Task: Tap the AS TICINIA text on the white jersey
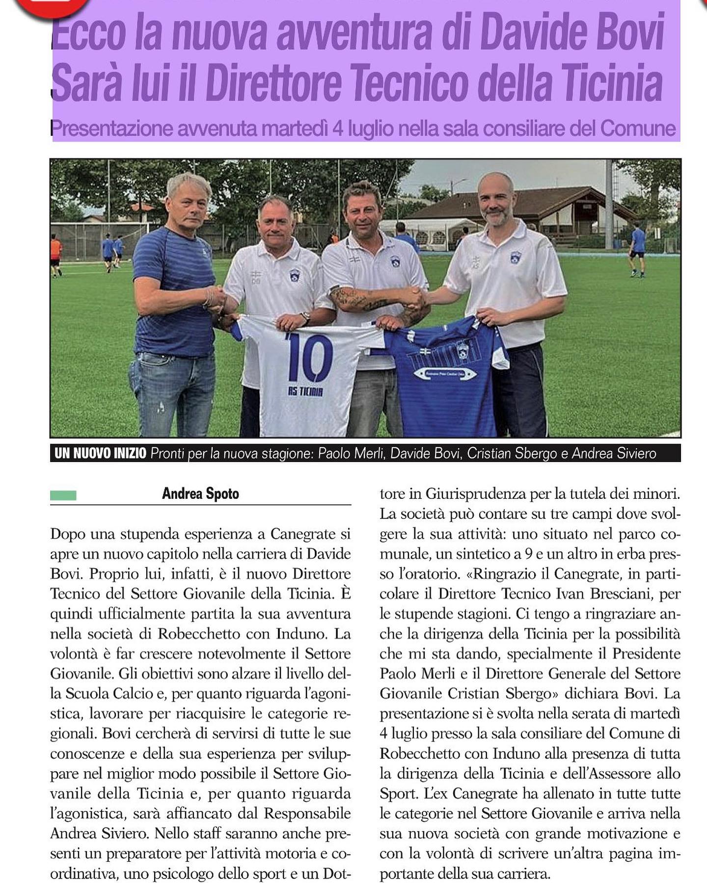click(305, 391)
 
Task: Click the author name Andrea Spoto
click(200, 493)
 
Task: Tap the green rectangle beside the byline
click(63, 495)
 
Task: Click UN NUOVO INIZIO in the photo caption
click(100, 453)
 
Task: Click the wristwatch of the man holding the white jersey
click(305, 317)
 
